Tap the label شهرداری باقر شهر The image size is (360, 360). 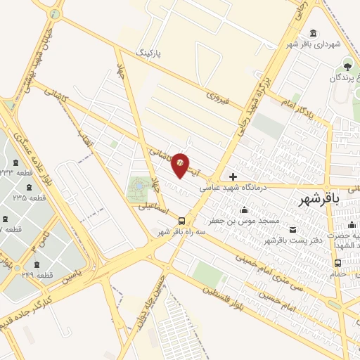tap(328, 44)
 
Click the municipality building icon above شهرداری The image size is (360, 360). tap(313, 32)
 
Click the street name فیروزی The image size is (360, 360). tap(219, 97)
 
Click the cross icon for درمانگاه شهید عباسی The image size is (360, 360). tap(233, 176)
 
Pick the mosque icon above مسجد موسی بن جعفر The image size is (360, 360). tap(244, 210)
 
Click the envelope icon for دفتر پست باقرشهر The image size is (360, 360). tap(292, 230)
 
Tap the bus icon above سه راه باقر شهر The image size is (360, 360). tap(181, 219)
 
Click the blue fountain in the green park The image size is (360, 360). tap(137, 186)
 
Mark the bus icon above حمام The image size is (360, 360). tap(338, 263)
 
